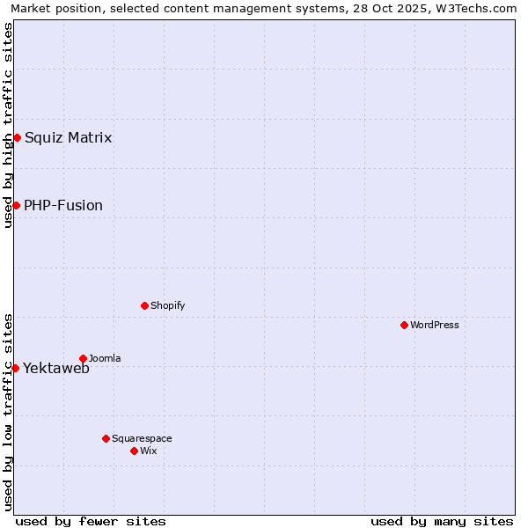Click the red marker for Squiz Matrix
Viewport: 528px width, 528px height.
[x=17, y=137]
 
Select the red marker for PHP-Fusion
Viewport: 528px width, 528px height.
[x=16, y=205]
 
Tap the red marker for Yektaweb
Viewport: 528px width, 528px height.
[x=15, y=368]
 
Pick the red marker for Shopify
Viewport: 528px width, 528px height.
[x=144, y=305]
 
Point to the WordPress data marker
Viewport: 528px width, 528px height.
[x=404, y=325]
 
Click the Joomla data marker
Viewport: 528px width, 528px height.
[x=83, y=358]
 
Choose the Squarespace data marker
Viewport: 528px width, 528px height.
[x=106, y=438]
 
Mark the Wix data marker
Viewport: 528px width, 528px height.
[x=134, y=451]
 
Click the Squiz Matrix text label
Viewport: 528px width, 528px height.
[x=68, y=137]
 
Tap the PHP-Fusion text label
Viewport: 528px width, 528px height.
[x=63, y=206]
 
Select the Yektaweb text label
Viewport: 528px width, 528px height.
[x=56, y=369]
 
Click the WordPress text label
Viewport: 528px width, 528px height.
[x=435, y=325]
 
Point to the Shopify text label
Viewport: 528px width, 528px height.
[x=168, y=305]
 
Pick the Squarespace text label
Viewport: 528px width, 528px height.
[x=142, y=438]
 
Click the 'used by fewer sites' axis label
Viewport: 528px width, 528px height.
[x=91, y=521]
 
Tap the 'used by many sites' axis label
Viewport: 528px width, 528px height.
[x=442, y=521]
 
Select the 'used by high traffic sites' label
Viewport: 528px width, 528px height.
[x=8, y=125]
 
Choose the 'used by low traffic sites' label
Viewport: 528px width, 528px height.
[x=8, y=411]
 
